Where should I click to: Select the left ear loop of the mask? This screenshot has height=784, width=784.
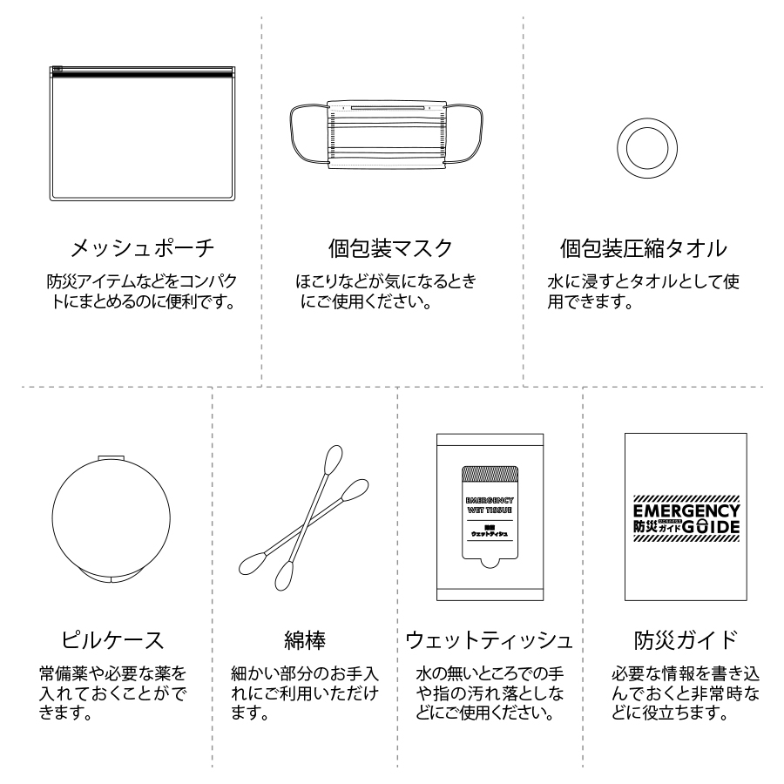[305, 135]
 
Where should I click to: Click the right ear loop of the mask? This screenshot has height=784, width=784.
[466, 135]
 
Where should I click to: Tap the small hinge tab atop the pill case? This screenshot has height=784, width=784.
[112, 458]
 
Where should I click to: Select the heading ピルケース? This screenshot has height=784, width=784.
[112, 640]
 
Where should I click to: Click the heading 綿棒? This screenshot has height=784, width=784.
[304, 640]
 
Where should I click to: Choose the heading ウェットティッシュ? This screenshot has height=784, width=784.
[490, 640]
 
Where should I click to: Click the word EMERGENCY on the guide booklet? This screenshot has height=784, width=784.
[686, 510]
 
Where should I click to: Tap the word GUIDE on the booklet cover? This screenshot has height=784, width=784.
[711, 528]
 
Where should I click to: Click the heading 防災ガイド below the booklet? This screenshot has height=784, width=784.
[686, 640]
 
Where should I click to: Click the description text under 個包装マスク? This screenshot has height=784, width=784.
[386, 293]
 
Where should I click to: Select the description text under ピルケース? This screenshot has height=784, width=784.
[112, 693]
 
